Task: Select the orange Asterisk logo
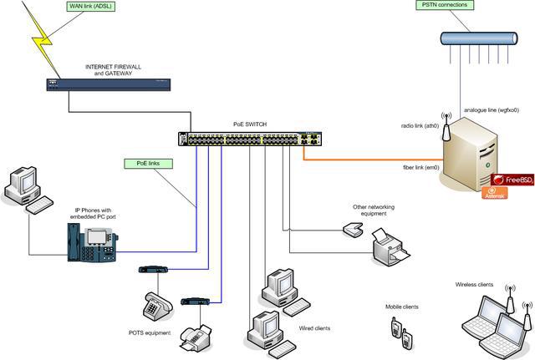[496, 193]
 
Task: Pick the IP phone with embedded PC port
[92, 241]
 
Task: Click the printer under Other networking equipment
[389, 246]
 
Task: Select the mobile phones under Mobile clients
[401, 332]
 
